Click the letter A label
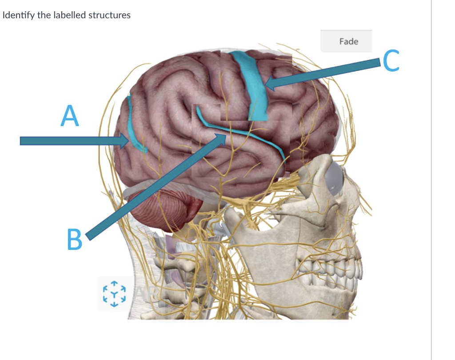click(70, 116)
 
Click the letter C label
click(391, 60)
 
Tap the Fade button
click(348, 41)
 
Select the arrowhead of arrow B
click(224, 138)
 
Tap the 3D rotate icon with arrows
click(115, 293)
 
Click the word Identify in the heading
click(16, 15)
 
